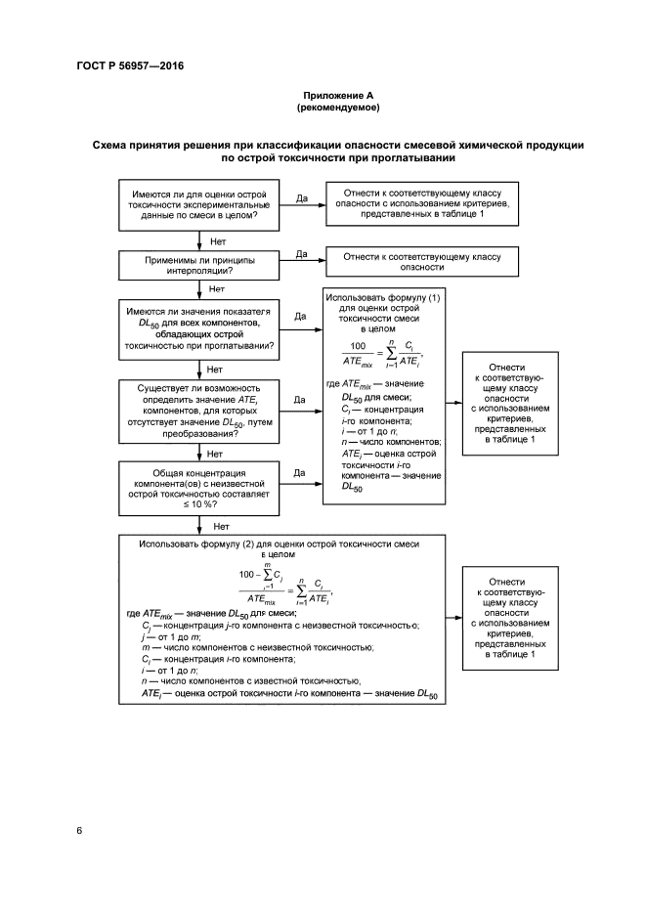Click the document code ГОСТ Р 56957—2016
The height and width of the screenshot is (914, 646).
[129, 66]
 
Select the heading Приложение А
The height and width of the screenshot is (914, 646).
[338, 95]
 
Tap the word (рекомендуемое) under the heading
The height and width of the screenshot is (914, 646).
[338, 108]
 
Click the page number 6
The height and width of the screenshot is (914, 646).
[78, 830]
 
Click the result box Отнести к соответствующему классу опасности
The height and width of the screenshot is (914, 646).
[421, 262]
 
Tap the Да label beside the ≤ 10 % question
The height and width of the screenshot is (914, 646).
[301, 473]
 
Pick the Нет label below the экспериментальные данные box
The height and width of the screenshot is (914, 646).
[218, 239]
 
